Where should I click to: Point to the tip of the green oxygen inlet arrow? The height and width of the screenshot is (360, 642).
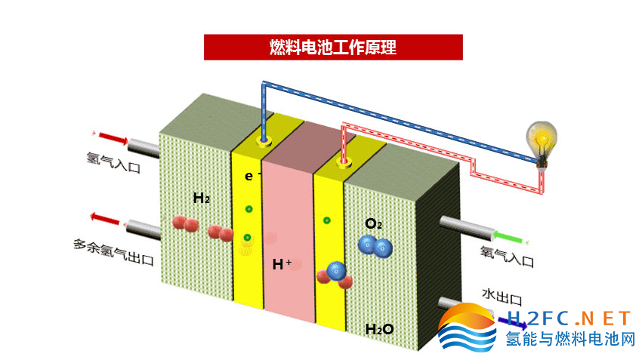pos(493,235)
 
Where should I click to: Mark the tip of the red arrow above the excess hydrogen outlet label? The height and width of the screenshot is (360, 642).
pos(91,216)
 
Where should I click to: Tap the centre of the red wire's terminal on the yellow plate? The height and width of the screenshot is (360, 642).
pos(344,162)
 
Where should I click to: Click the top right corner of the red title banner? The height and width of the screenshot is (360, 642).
pos(463,35)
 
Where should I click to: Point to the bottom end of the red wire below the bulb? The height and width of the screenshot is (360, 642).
pos(542,192)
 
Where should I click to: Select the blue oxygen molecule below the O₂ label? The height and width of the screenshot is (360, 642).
pos(375,246)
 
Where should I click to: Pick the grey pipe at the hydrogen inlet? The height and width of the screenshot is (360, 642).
pos(144,148)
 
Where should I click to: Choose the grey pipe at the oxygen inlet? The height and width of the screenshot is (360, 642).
pos(466,228)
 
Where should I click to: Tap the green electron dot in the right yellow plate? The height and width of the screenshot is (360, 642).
pos(327,220)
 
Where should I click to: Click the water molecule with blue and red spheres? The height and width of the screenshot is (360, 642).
pos(335,275)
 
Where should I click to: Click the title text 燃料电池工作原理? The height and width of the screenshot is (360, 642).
pos(333,48)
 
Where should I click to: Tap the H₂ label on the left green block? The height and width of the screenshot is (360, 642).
pos(202,198)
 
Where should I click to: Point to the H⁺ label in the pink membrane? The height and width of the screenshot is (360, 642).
pos(282,264)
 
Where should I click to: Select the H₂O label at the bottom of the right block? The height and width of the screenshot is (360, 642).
pos(379,329)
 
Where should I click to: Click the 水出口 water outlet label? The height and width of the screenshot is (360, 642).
pos(502,297)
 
